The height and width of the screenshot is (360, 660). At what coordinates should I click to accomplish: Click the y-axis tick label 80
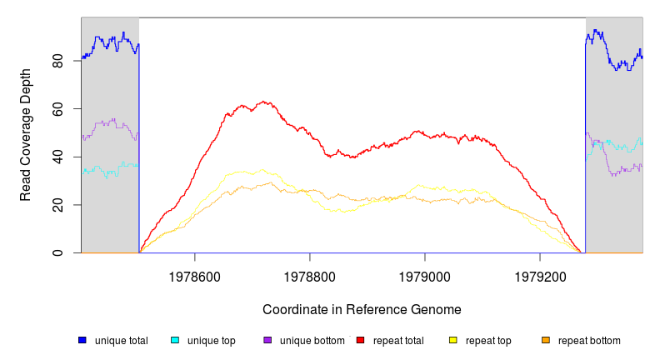pos(57,61)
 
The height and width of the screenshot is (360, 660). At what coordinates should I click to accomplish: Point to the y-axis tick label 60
pos(57,109)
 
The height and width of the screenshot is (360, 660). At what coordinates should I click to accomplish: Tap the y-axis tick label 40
pos(57,157)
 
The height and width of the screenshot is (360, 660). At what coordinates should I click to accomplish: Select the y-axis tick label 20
pos(57,205)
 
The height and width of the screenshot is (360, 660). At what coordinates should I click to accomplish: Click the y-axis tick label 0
pos(57,252)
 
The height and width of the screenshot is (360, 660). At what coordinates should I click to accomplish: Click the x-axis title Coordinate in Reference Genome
pos(362,309)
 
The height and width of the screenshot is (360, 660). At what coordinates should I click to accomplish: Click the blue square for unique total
pos(82,340)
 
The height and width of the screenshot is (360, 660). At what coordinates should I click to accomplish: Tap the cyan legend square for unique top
pos(175,340)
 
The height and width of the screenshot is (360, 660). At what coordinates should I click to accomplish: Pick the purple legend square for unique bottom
pos(267,340)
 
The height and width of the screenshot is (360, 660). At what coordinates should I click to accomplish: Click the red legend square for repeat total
pos(360,340)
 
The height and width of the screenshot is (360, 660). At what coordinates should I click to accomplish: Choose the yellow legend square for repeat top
pos(453,340)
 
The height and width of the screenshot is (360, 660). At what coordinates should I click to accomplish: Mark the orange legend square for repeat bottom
pos(546,340)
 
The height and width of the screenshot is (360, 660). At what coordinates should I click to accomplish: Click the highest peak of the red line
pos(265,102)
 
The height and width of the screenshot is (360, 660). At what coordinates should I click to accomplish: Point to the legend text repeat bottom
pos(589,341)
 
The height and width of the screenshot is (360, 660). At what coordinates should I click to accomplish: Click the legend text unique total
pos(121,341)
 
